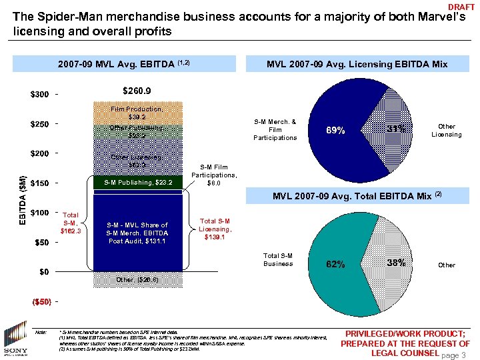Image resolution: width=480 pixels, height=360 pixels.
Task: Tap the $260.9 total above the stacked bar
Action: click(137, 91)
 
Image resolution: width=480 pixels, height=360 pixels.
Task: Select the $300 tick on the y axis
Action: click(39, 94)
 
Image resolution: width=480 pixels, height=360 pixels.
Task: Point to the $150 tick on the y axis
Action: click(39, 183)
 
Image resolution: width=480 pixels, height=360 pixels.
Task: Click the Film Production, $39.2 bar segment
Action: click(137, 113)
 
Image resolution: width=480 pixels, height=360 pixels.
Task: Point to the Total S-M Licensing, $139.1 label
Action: click(215, 228)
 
